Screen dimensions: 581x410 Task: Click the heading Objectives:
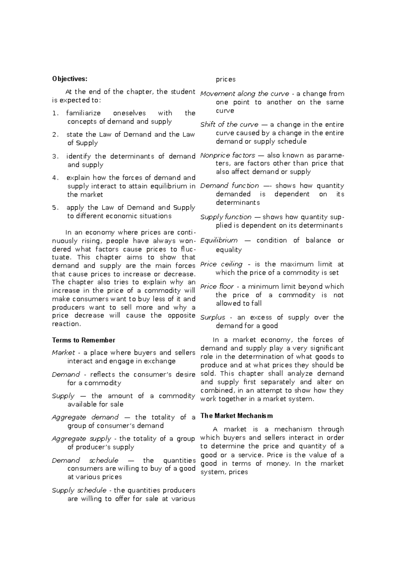70,79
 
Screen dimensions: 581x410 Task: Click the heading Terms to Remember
83,340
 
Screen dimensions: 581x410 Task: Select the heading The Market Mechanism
236,416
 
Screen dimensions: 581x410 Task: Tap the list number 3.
55,156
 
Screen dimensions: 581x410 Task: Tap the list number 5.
55,208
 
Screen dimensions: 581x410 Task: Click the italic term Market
63,352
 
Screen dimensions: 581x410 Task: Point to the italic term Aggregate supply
81,439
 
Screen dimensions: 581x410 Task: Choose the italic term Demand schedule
85,460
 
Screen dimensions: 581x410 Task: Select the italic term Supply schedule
79,490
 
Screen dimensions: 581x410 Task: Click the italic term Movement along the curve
244,94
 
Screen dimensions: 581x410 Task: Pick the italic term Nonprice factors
228,155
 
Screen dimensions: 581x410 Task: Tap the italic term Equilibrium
219,240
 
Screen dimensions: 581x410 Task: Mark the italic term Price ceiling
221,264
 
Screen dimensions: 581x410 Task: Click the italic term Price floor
217,286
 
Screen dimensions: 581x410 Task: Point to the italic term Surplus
213,317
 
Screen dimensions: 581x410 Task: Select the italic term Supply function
225,217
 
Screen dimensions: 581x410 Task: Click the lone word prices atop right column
225,79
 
